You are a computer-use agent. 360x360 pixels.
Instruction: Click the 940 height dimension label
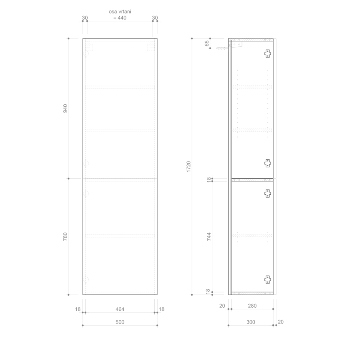pos(65,108)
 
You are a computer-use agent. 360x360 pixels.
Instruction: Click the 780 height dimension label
pos(65,236)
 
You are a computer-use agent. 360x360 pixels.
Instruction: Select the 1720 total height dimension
pos(188,167)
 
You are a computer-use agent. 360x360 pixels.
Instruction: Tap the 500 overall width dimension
pos(120,322)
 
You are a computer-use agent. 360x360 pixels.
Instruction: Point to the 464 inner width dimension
pos(120,309)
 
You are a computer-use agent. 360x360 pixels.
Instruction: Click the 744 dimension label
pos(209,236)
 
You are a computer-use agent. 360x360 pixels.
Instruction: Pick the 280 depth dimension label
pos(252,306)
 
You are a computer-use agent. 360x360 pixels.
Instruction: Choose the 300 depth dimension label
pos(251,322)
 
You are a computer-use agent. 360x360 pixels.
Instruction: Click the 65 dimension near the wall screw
pos(207,43)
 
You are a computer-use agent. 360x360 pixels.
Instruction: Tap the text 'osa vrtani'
pos(120,12)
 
